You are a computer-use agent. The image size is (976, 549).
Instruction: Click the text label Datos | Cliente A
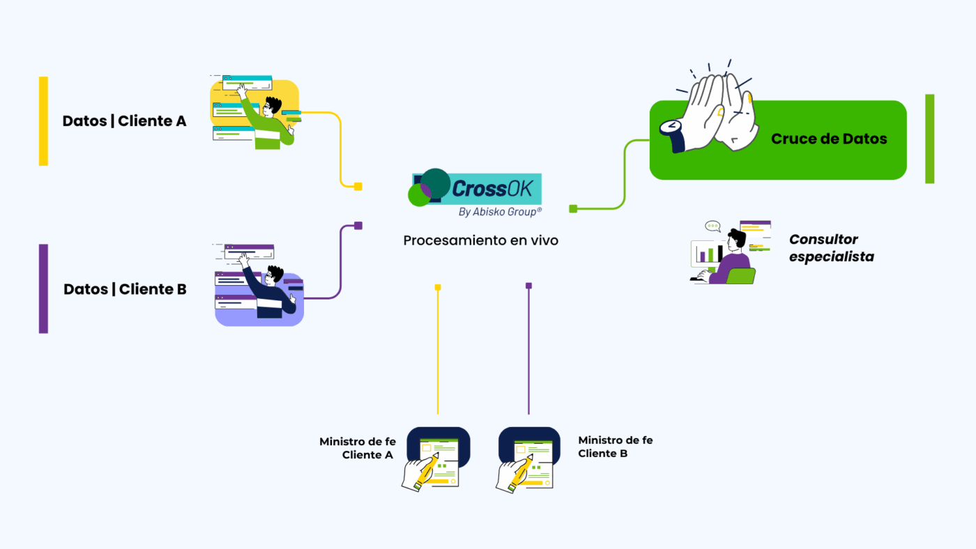click(x=125, y=121)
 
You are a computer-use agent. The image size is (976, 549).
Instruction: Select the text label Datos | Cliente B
click(x=125, y=289)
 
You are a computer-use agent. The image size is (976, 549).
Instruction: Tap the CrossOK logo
click(x=477, y=188)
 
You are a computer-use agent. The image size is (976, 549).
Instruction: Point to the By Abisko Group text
click(x=500, y=212)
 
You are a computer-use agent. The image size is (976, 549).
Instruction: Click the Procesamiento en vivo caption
click(x=481, y=240)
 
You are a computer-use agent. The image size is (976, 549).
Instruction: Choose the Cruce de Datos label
click(x=829, y=139)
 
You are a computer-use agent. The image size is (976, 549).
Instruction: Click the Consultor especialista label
click(x=831, y=248)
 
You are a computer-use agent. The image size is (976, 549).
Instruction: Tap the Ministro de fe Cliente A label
click(x=358, y=448)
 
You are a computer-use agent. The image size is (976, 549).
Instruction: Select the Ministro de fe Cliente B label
click(x=616, y=447)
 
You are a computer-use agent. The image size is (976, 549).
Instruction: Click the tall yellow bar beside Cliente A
click(x=43, y=121)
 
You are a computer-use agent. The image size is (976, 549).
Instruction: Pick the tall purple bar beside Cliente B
click(x=43, y=288)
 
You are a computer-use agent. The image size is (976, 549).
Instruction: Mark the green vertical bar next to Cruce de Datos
click(x=929, y=139)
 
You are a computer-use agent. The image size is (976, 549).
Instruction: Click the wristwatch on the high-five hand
click(x=671, y=127)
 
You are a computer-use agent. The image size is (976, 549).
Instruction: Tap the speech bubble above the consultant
click(x=712, y=226)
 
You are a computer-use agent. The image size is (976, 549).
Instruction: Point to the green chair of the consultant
click(x=740, y=276)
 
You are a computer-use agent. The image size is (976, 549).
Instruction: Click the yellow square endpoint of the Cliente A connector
click(x=358, y=186)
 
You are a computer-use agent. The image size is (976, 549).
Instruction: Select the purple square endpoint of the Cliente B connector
click(x=358, y=226)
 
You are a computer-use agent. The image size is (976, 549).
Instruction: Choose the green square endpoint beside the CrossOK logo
click(x=573, y=208)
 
